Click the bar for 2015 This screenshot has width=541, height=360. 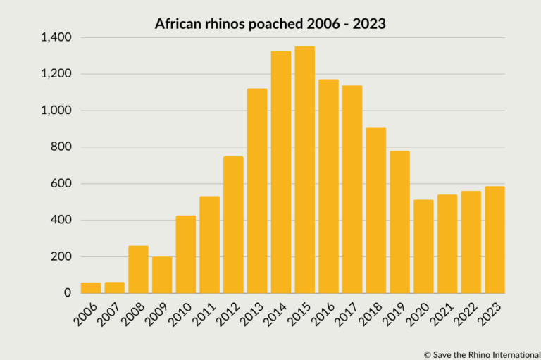[x=304, y=170]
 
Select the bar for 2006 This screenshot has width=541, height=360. [x=91, y=287]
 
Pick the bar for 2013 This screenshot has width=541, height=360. [x=257, y=191]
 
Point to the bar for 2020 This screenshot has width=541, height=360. [x=423, y=247]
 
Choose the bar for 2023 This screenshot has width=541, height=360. [x=495, y=240]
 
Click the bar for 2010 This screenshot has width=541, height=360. [x=186, y=254]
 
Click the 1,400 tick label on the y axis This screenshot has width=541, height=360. [x=56, y=37]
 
